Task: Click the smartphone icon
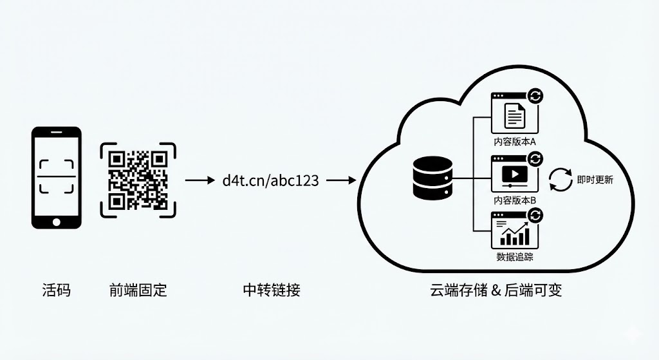(x=57, y=178)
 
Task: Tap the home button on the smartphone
(x=57, y=222)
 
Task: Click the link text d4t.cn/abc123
(x=270, y=180)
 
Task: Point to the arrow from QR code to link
(x=199, y=180)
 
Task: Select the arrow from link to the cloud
(x=341, y=180)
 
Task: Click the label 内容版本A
(x=515, y=140)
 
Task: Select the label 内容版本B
(x=515, y=200)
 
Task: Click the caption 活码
(x=56, y=290)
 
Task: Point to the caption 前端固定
(x=138, y=290)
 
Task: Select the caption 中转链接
(x=271, y=290)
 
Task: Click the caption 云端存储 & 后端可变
(x=496, y=290)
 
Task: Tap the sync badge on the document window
(x=535, y=97)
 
